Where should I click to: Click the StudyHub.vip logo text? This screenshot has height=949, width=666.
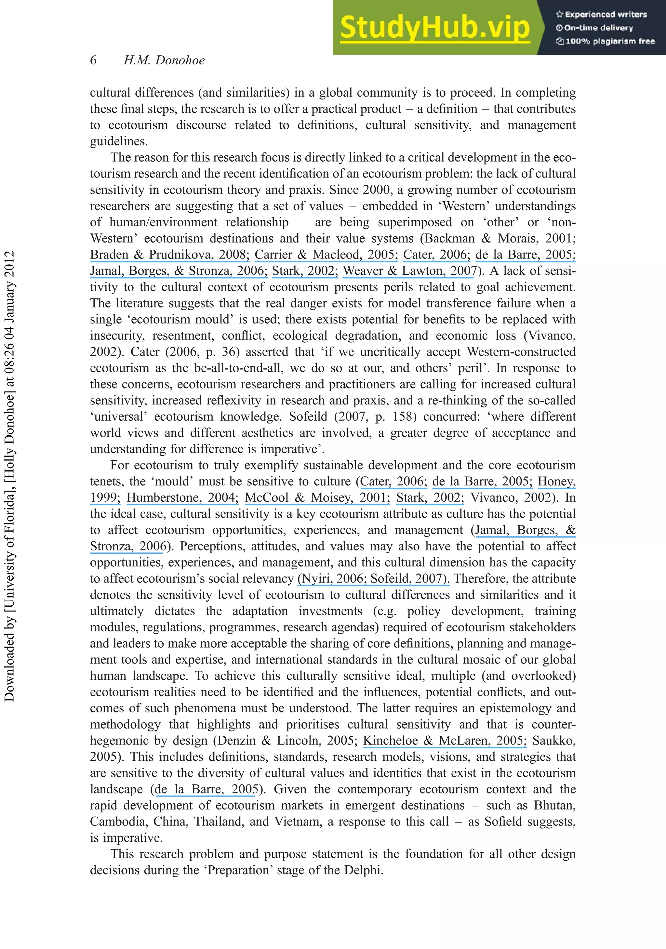click(434, 28)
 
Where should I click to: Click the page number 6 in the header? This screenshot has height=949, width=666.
click(93, 60)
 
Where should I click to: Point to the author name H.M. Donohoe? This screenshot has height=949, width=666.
click(164, 60)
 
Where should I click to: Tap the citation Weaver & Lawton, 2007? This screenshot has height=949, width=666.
click(410, 271)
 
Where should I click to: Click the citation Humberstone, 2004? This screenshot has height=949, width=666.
click(182, 498)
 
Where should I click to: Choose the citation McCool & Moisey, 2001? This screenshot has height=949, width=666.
click(317, 498)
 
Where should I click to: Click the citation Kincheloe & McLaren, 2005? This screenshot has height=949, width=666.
click(445, 741)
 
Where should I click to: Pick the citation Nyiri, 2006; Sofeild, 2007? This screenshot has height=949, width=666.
click(373, 579)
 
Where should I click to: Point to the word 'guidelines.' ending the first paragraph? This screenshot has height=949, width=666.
click(119, 141)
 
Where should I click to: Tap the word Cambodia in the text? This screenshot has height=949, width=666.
click(118, 822)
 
